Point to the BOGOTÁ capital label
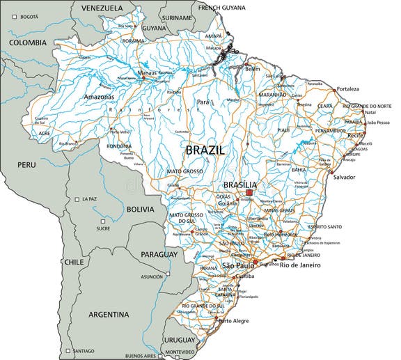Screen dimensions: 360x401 (29, 16)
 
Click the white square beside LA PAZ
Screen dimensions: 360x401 (77, 199)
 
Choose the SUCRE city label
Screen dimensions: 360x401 (103, 228)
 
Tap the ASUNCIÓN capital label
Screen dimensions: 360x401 (152, 276)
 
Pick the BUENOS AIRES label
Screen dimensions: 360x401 (138, 355)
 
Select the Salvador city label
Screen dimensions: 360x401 (344, 177)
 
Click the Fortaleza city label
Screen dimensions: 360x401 (348, 89)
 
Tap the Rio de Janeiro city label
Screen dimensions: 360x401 (300, 265)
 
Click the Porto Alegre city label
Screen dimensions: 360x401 (235, 321)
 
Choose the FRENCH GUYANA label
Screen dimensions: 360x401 (222, 8)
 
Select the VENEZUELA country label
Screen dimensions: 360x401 (102, 8)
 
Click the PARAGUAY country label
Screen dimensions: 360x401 (159, 255)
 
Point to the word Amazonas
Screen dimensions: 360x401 (98, 97)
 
